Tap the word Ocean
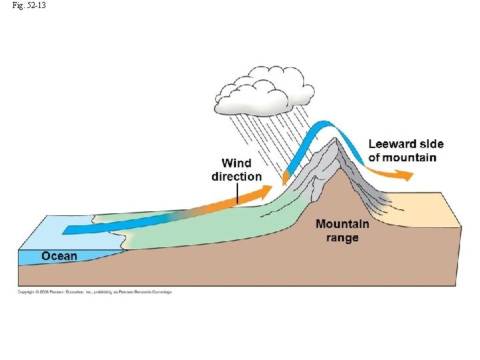point(59,256)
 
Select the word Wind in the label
point(237,163)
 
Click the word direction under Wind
point(237,177)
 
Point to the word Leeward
point(393,144)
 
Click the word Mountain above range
point(343,224)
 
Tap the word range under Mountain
point(343,238)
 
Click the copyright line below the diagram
point(95,292)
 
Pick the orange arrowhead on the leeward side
point(404,175)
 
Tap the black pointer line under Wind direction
point(237,193)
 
